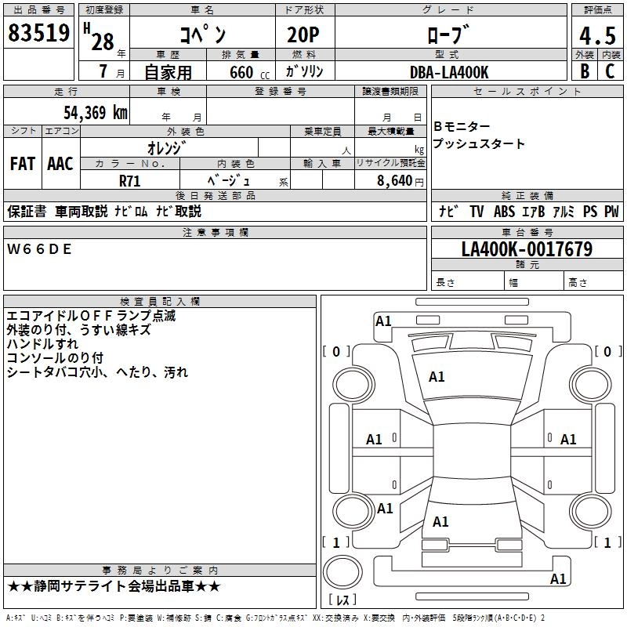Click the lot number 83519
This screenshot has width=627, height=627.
[x=38, y=34]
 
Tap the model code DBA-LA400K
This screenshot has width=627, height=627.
[x=449, y=72]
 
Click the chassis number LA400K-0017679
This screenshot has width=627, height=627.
[x=527, y=249]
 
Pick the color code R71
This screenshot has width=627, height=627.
[x=130, y=180]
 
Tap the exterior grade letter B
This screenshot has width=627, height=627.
[x=585, y=71]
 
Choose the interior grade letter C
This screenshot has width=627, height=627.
[x=610, y=71]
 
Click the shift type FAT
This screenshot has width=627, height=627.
[x=23, y=164]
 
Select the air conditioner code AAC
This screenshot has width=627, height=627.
[x=60, y=164]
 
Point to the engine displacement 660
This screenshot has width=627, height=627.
[x=241, y=72]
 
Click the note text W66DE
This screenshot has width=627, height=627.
[x=39, y=249]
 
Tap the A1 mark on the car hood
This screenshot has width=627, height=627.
[x=437, y=377]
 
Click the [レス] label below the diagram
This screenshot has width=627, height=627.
[x=342, y=600]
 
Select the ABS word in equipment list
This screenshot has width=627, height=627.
[x=504, y=212]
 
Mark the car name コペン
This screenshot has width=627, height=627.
[x=203, y=35]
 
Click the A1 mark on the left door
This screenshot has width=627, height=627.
[x=375, y=440]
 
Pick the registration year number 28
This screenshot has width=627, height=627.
[x=103, y=42]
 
